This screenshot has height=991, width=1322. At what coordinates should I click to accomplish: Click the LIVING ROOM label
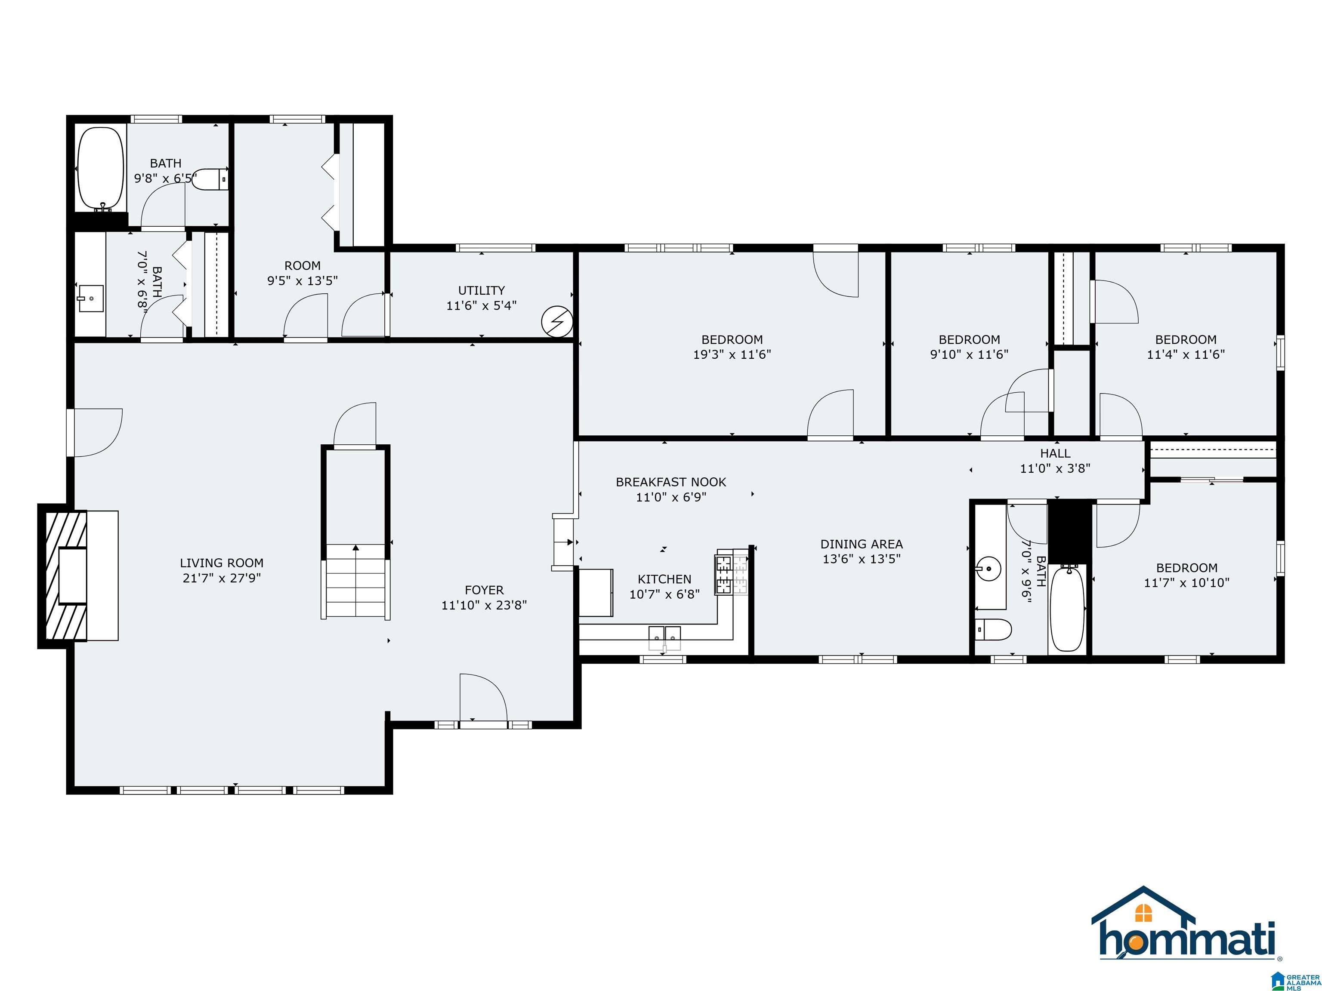pyautogui.click(x=222, y=563)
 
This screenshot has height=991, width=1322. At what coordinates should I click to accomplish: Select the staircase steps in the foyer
pyautogui.click(x=355, y=581)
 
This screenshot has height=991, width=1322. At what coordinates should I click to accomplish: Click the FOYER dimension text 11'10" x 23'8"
pyautogui.click(x=484, y=605)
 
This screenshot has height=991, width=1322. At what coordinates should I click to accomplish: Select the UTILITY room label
pyautogui.click(x=482, y=290)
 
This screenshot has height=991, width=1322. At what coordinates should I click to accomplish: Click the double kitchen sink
pyautogui.click(x=664, y=637)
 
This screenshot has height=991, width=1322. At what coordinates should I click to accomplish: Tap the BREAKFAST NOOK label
pyautogui.click(x=671, y=482)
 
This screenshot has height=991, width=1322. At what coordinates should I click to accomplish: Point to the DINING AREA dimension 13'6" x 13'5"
pyautogui.click(x=862, y=559)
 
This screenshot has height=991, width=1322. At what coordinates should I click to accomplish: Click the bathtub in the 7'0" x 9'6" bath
pyautogui.click(x=1067, y=608)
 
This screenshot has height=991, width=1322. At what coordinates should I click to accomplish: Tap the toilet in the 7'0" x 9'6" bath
pyautogui.click(x=993, y=629)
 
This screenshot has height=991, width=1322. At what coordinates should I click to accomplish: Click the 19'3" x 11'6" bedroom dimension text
pyautogui.click(x=732, y=354)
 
